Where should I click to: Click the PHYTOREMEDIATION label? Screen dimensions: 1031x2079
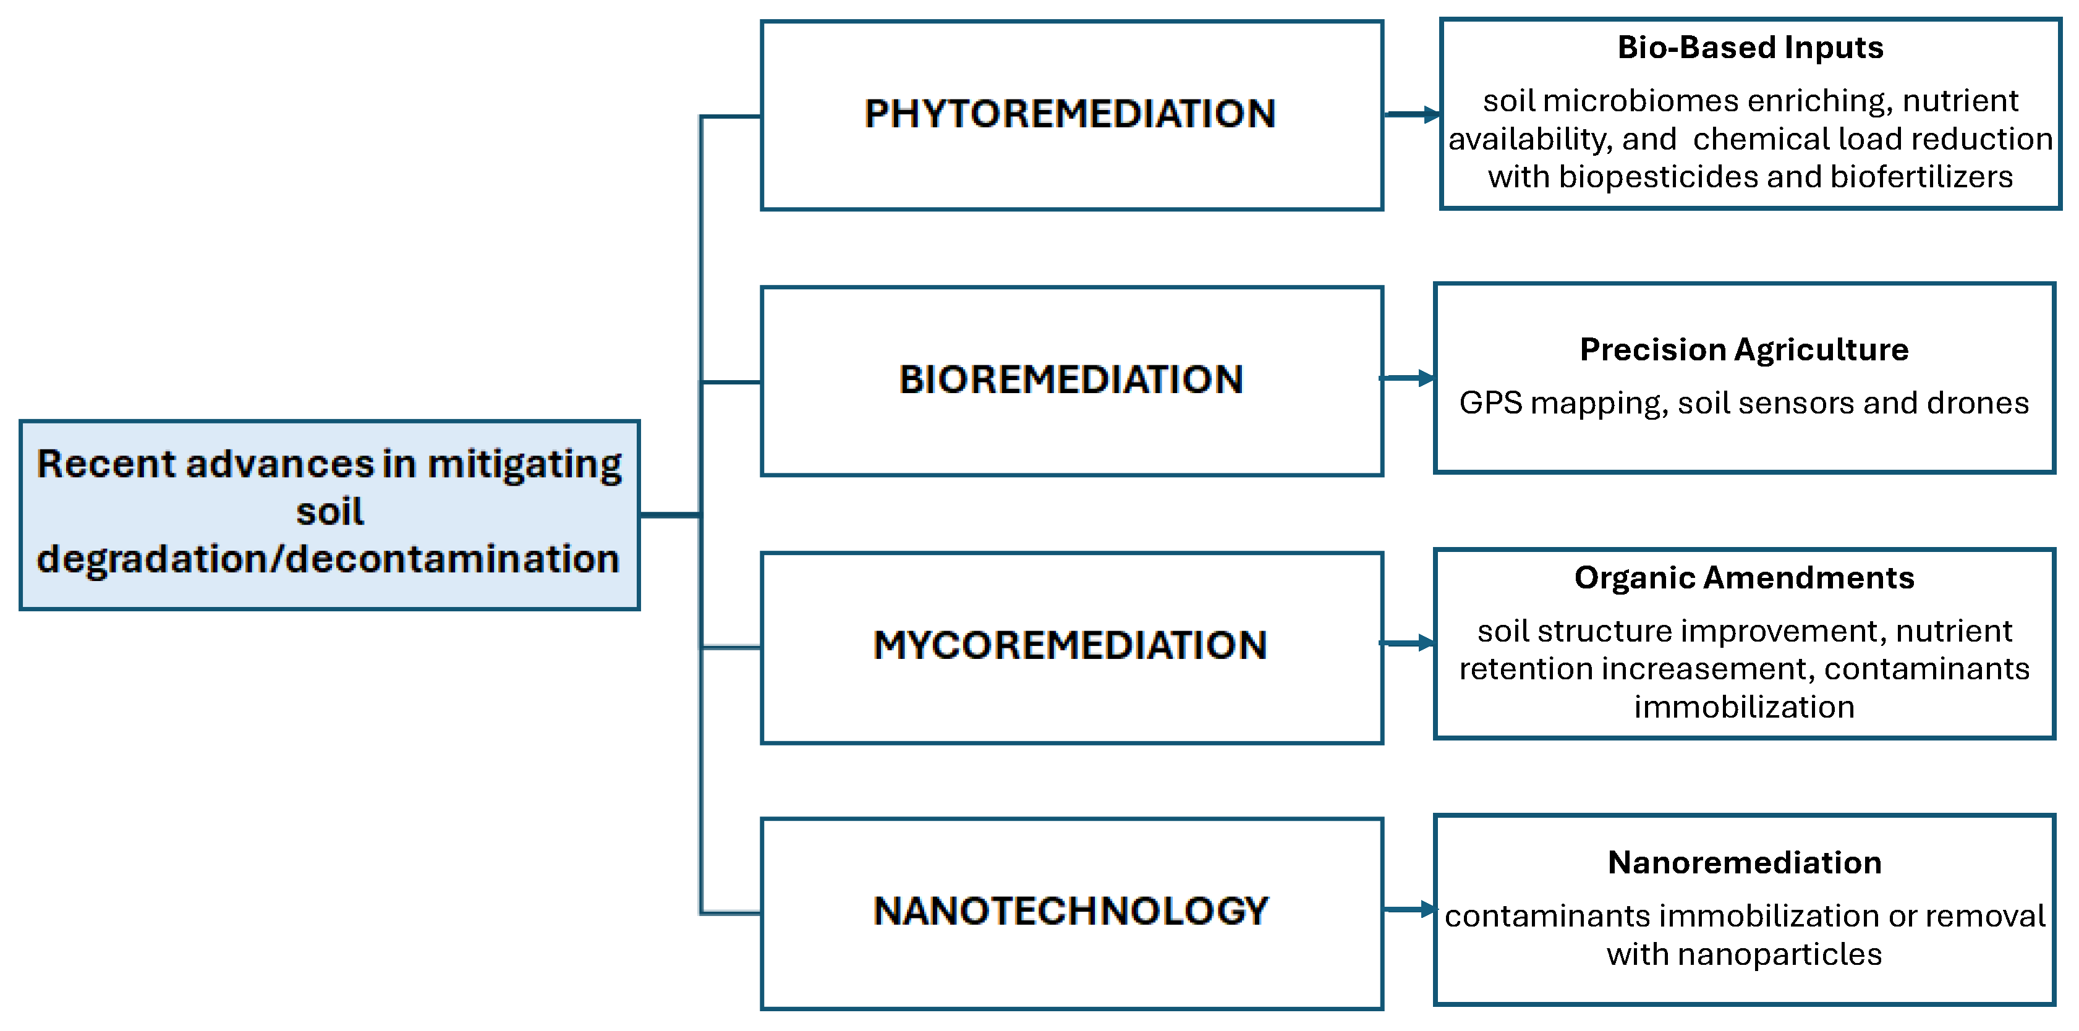tap(1070, 114)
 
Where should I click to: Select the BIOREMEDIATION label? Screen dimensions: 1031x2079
tap(1071, 379)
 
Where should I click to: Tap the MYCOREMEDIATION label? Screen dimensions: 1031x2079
tap(1070, 645)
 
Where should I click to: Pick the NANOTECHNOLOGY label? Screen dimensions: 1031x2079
tap(1071, 911)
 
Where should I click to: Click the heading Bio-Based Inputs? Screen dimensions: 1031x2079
tap(1750, 48)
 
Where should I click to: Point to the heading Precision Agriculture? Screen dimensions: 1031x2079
tap(1744, 349)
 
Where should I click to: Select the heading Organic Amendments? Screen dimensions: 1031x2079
tap(1744, 577)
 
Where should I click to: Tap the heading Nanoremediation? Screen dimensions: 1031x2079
tap(1744, 862)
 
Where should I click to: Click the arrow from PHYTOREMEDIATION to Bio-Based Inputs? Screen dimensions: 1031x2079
tap(1413, 114)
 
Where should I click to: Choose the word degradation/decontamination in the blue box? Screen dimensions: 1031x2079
tap(328, 559)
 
